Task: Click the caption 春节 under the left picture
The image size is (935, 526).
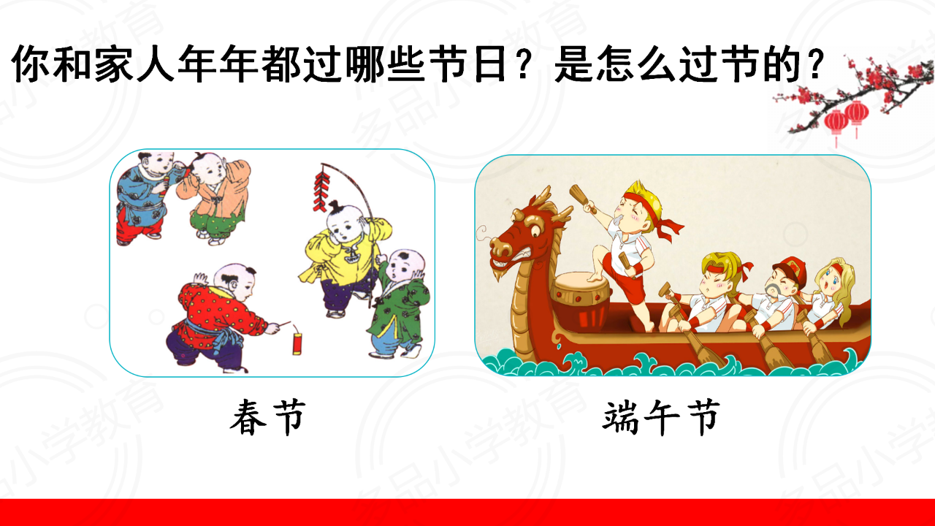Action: (267, 417)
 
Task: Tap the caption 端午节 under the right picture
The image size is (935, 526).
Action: (662, 417)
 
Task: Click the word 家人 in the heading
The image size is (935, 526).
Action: (134, 64)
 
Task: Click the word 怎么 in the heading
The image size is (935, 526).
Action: (635, 64)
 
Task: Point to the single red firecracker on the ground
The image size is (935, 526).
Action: (297, 343)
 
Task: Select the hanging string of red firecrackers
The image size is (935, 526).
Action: (321, 191)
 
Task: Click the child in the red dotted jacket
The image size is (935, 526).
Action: (218, 318)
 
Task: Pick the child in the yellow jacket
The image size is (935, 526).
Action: (344, 259)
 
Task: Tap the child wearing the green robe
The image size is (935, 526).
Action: (399, 304)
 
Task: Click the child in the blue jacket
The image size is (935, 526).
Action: (145, 198)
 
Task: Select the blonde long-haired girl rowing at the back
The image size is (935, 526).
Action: (830, 297)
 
